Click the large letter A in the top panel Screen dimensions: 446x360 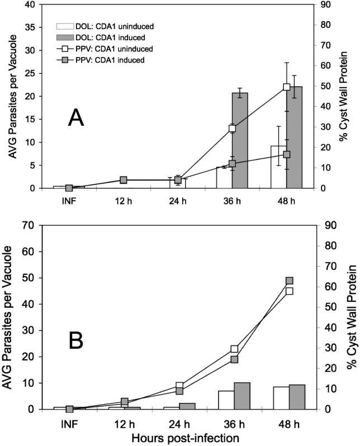tap(76, 118)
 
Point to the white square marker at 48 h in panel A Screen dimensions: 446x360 tap(287, 87)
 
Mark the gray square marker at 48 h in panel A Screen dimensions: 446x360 tap(287, 154)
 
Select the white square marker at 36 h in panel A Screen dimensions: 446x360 tap(232, 129)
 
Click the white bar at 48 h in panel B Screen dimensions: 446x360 tap(281, 398)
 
